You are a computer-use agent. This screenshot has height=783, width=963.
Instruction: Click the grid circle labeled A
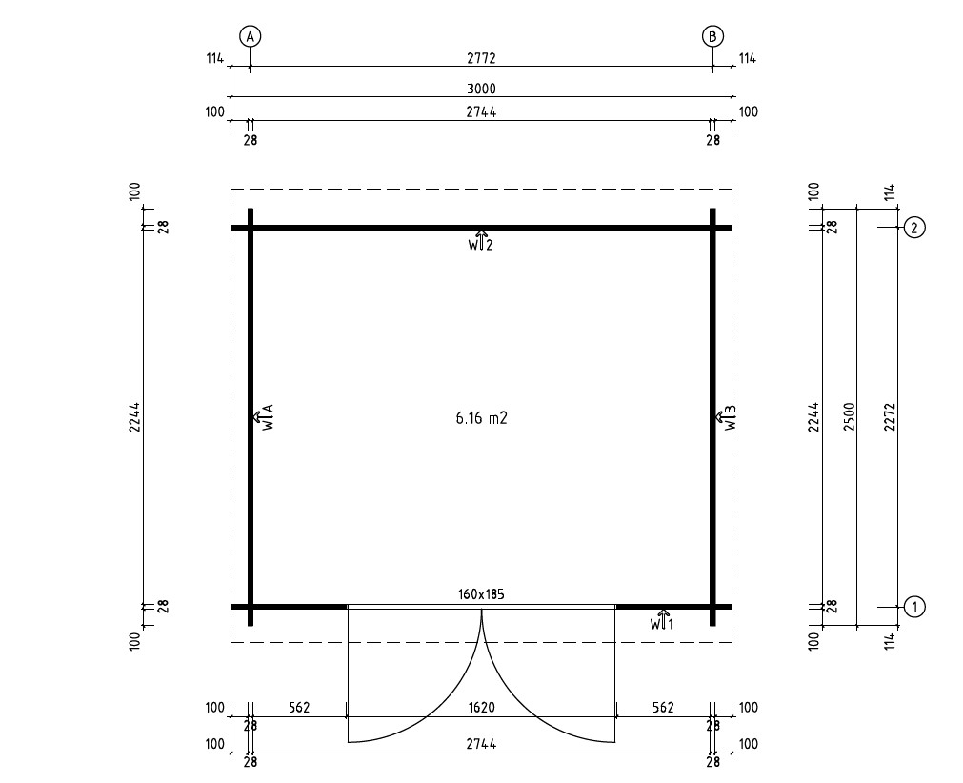[x=251, y=37]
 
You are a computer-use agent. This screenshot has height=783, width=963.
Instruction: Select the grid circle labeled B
[x=712, y=37]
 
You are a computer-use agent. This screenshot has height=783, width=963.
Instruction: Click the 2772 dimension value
[x=481, y=59]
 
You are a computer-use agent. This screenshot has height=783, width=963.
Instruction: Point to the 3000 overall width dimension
[x=481, y=89]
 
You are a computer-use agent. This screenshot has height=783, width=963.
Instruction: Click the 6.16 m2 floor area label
[x=481, y=417]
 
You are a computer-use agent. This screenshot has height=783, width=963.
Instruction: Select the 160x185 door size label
[x=481, y=594]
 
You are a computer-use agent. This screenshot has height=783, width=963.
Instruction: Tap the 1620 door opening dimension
[x=481, y=708]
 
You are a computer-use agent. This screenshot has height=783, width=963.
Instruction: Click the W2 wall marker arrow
[x=481, y=239]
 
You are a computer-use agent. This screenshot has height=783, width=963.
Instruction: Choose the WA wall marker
[x=263, y=417]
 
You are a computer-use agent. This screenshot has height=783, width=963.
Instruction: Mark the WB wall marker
[x=725, y=417]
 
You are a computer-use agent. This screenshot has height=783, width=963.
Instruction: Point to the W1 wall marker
[x=662, y=620]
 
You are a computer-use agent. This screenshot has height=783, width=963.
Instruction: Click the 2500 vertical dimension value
[x=850, y=416]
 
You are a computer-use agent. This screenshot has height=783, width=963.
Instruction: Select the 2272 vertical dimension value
[x=889, y=416]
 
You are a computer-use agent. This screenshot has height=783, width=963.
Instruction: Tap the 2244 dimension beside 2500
[x=813, y=416]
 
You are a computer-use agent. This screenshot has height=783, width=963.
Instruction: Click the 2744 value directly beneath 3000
[x=481, y=112]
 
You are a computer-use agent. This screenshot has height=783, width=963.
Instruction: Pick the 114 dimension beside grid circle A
[x=213, y=59]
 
